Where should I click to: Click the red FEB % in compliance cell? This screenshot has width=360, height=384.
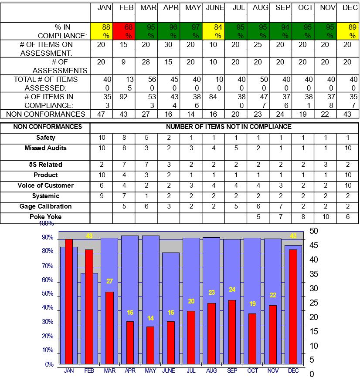(x=124, y=31)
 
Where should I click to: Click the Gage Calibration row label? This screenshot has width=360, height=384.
(x=46, y=206)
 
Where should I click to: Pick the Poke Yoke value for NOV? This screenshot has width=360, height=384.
(x=325, y=217)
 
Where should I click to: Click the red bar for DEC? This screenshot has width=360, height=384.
(x=293, y=307)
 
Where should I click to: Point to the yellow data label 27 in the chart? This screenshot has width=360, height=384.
(x=110, y=281)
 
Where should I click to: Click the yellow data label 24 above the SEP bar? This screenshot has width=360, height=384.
(x=232, y=290)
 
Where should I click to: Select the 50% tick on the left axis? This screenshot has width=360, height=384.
(x=48, y=294)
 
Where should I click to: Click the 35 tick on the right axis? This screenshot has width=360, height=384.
(x=314, y=274)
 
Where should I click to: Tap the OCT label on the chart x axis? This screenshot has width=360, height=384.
(x=253, y=371)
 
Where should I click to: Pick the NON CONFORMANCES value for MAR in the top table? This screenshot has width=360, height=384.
(x=146, y=114)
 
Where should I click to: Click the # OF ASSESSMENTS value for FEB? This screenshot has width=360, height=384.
(x=124, y=62)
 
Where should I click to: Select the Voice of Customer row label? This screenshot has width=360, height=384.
(x=46, y=185)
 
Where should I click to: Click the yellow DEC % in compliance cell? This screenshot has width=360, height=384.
(x=347, y=31)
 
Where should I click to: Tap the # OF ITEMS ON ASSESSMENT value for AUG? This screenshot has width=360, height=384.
(x=258, y=45)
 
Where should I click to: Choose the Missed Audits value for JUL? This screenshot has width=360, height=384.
(x=235, y=148)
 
